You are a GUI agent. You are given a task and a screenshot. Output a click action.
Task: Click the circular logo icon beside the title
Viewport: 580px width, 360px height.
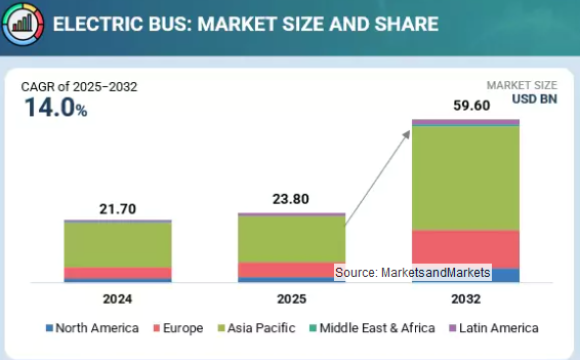tap(21, 23)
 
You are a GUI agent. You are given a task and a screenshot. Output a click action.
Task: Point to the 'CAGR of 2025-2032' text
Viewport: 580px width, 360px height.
tap(79, 87)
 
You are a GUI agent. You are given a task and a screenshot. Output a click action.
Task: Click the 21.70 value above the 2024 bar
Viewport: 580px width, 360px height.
tap(117, 209)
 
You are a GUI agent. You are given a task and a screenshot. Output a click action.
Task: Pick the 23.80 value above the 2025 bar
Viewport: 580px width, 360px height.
tap(291, 199)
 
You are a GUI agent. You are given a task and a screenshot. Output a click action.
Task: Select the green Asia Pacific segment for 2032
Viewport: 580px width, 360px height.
tap(465, 178)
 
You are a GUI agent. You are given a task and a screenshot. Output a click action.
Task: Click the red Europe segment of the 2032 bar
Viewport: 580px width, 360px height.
tap(465, 249)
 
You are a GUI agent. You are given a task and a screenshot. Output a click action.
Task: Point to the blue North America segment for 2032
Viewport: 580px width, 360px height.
tap(505, 275)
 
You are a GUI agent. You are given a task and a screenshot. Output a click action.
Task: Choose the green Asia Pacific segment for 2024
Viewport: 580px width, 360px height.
tap(117, 245)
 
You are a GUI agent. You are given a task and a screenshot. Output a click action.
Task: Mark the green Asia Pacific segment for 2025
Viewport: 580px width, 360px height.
tap(291, 239)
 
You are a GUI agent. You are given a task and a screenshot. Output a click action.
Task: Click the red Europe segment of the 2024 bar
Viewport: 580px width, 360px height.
tap(117, 273)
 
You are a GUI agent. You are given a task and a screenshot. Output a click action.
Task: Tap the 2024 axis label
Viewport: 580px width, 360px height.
tap(117, 298)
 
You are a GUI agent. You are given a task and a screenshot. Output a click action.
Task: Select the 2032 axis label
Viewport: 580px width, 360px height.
tap(465, 298)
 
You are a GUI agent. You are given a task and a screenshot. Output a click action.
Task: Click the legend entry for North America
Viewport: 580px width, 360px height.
tap(96, 328)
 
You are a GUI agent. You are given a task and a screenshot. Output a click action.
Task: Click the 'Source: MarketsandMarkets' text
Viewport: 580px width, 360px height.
tap(412, 272)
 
